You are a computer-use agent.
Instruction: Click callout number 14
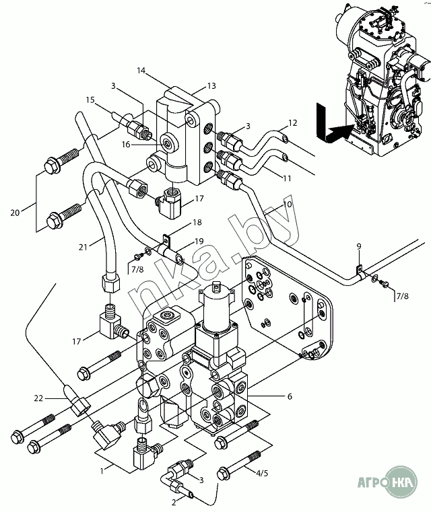click(141, 70)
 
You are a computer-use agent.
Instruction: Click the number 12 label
click(292, 123)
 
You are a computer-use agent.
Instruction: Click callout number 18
click(197, 223)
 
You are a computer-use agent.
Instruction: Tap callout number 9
click(359, 246)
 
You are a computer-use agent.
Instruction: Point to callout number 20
click(15, 213)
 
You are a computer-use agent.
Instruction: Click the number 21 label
click(83, 247)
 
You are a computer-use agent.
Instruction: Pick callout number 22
click(38, 399)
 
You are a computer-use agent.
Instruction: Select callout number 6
click(290, 396)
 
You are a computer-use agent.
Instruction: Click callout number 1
click(102, 471)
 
